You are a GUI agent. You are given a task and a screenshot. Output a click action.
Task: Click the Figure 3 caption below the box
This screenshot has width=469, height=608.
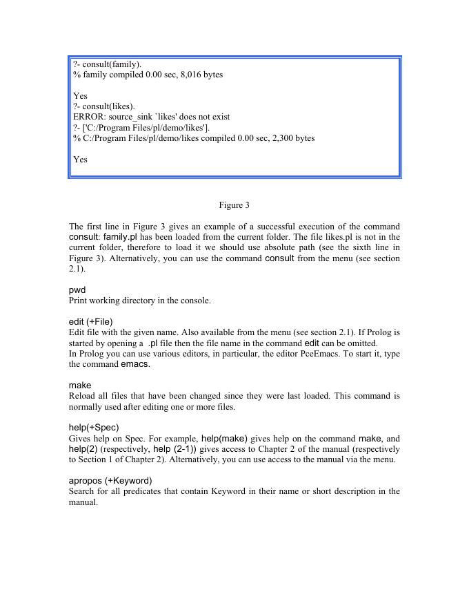click(x=234, y=205)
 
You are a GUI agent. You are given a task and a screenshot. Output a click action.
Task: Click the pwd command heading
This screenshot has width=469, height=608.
click(x=77, y=290)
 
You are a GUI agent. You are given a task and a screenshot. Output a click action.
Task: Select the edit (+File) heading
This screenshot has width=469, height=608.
click(x=90, y=322)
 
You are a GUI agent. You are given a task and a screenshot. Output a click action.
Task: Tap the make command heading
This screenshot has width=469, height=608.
click(x=80, y=386)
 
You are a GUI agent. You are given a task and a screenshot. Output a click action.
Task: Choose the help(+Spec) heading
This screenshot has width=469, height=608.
click(x=94, y=428)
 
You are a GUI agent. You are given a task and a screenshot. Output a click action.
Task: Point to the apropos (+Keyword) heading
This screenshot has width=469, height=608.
click(x=110, y=481)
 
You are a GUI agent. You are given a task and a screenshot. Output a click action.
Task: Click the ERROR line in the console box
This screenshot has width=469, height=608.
click(x=151, y=117)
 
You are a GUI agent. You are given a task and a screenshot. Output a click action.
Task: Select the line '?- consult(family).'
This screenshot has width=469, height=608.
click(x=108, y=64)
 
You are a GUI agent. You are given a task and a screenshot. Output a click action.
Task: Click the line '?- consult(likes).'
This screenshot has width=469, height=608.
click(x=104, y=106)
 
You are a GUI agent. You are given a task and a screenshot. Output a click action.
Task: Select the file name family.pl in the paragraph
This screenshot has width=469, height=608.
click(x=121, y=237)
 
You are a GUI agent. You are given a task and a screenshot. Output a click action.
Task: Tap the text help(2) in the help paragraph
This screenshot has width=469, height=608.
click(x=83, y=449)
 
